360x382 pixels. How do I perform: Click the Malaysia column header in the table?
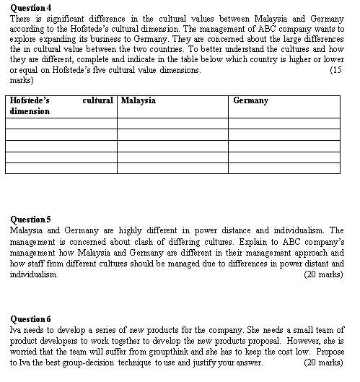pyautogui.click(x=139, y=100)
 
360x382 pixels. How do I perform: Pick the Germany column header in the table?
pyautogui.click(x=251, y=100)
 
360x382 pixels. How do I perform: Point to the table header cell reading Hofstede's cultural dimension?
pyautogui.click(x=61, y=106)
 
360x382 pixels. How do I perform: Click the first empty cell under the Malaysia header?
pyautogui.click(x=172, y=123)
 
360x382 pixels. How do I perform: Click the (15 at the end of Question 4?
pyautogui.click(x=335, y=71)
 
